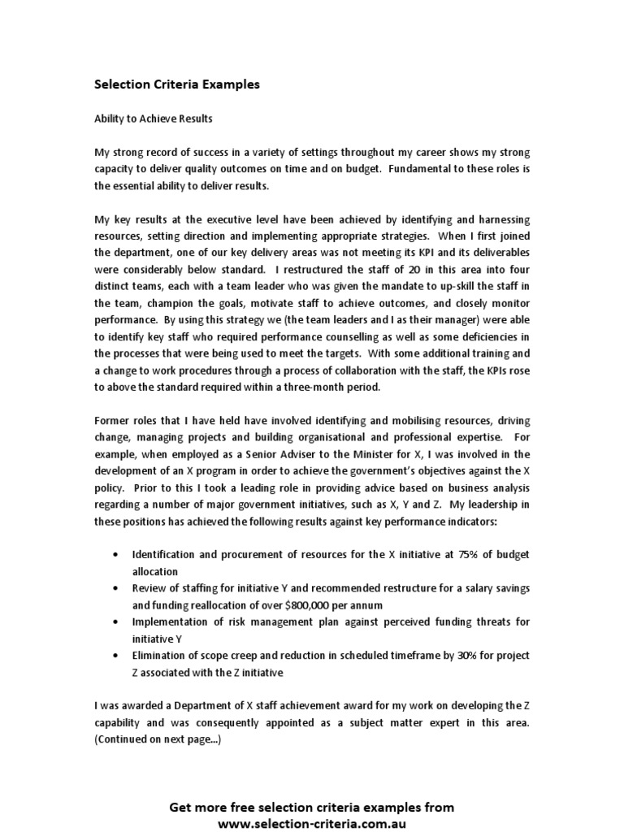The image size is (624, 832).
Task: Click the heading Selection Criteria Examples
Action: [177, 84]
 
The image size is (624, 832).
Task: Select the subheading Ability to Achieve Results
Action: [154, 119]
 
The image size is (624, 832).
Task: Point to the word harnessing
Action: [498, 219]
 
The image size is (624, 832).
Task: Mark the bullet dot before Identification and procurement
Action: [116, 555]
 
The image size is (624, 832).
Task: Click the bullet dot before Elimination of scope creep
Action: [116, 656]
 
